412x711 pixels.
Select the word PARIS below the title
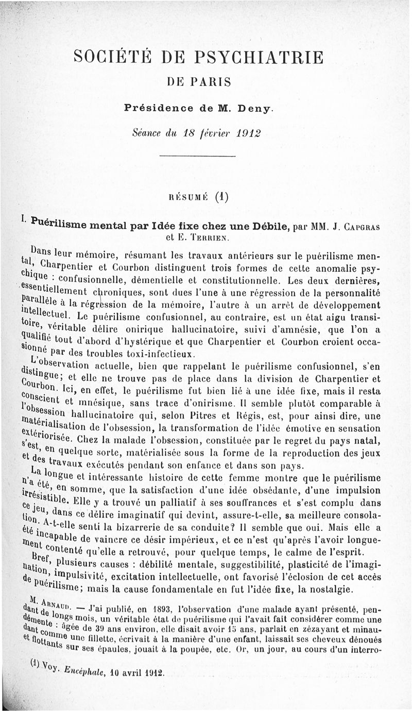point(213,82)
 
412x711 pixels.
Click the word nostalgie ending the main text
point(332,589)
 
